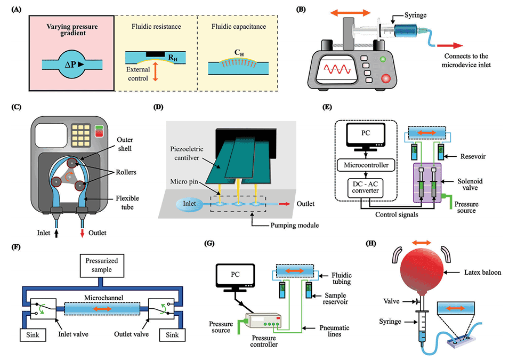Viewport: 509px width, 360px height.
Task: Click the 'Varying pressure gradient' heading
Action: tap(71, 30)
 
